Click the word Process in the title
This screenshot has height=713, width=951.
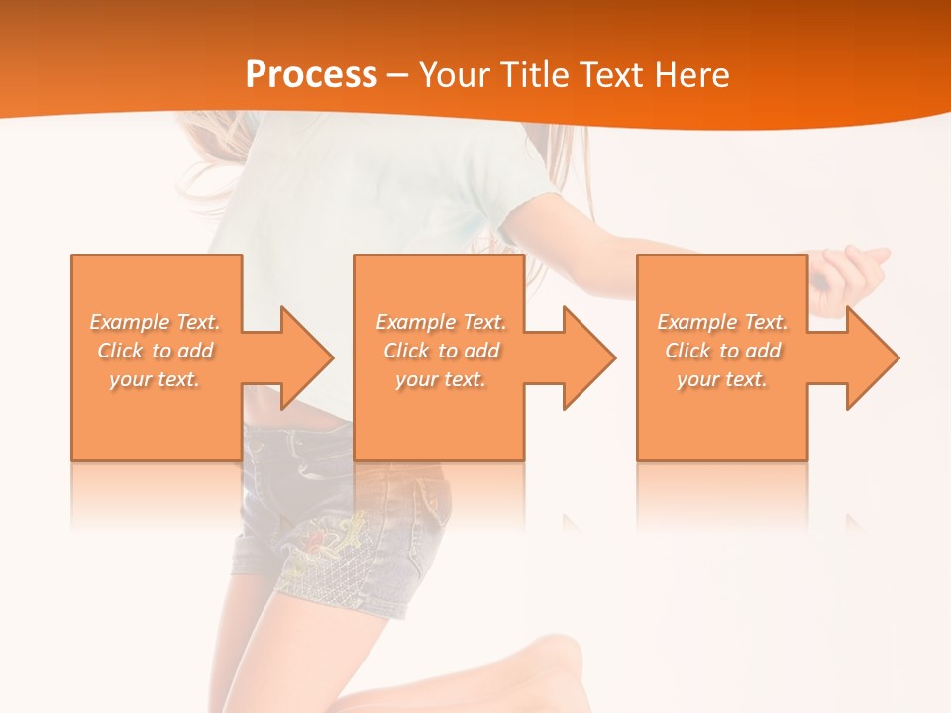(311, 75)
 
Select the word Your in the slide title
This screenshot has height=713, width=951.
(455, 75)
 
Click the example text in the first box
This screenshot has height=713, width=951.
(156, 351)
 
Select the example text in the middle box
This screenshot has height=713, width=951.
(441, 351)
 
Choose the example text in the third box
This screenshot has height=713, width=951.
(722, 351)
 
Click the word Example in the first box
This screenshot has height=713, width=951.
(129, 322)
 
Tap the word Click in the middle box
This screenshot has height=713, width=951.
(406, 351)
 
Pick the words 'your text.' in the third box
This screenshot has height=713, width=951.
(722, 379)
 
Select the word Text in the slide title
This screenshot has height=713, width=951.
(608, 75)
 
